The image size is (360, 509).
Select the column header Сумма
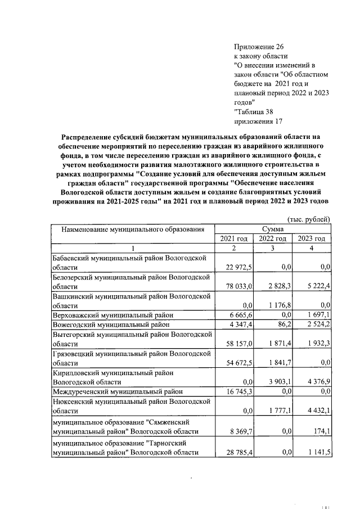tap(275, 229)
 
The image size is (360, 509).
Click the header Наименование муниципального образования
tap(132, 229)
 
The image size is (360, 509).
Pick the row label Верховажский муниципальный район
tap(112, 314)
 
